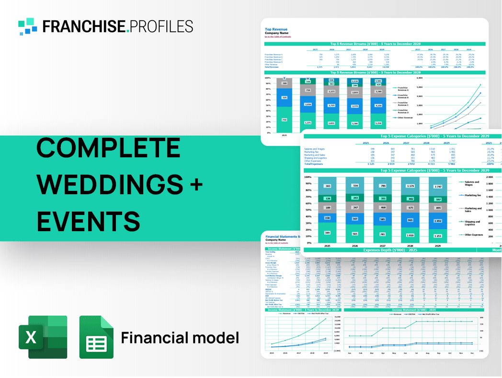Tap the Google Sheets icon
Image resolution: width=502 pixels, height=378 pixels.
[96, 337]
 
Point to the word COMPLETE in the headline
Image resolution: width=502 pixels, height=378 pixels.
[108, 148]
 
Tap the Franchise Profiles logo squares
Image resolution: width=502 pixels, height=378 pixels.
[28, 26]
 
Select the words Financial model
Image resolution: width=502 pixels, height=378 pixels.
[180, 338]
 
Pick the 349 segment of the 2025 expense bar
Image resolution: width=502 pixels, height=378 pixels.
[327, 233]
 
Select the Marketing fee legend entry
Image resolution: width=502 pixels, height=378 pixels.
[472, 195]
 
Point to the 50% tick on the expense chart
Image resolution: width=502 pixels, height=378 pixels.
[308, 210]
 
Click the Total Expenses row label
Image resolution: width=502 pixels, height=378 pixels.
[314, 164]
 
